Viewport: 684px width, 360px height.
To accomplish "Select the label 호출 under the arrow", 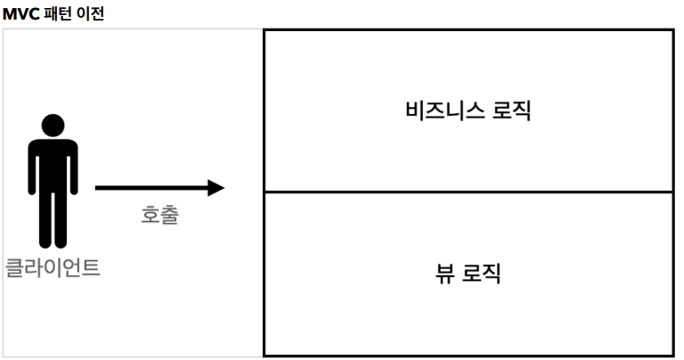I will pyautogui.click(x=160, y=215).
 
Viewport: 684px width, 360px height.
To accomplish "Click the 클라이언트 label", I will pyautogui.click(x=53, y=266).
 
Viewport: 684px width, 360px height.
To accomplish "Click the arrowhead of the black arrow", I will pyautogui.click(x=216, y=188).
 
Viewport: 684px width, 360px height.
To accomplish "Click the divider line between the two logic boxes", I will pyautogui.click(x=468, y=192).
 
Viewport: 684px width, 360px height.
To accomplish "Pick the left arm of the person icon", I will pyautogui.click(x=32, y=174).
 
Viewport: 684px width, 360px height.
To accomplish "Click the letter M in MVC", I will pyautogui.click(x=9, y=14).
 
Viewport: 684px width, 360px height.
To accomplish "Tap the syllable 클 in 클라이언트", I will pyautogui.click(x=14, y=266).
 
